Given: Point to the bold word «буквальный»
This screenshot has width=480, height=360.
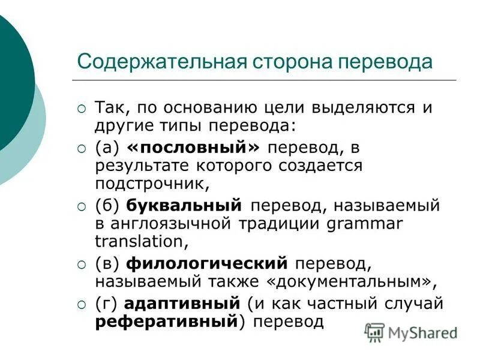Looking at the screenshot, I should point(184,205).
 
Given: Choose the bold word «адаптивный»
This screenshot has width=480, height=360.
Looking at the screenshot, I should point(184,304).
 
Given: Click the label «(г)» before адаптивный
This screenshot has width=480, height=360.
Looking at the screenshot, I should point(107,304).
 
